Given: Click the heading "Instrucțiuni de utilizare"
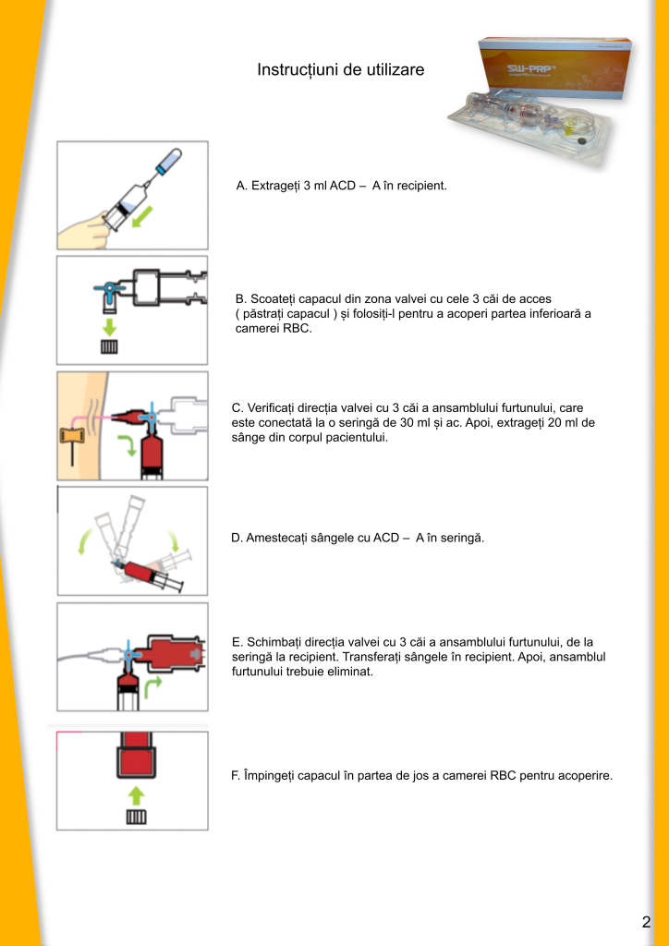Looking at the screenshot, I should [x=340, y=70].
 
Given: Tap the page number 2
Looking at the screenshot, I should [x=646, y=921].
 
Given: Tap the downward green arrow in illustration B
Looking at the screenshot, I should [x=109, y=325].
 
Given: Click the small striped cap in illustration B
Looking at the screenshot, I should [x=109, y=347].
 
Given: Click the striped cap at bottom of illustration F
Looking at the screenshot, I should [x=136, y=818].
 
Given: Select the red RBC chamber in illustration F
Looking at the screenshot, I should [x=136, y=758].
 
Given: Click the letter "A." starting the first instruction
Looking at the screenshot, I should [x=242, y=186].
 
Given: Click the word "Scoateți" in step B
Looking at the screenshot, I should [x=274, y=299].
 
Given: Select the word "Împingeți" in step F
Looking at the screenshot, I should [x=271, y=775].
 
